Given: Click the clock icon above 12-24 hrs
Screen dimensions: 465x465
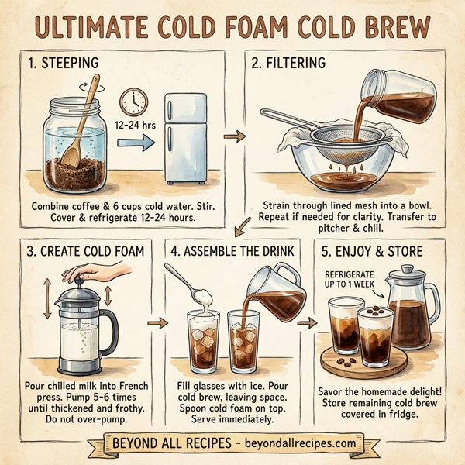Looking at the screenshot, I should [134, 100].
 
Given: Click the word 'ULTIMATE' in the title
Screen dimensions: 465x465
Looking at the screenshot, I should [93, 26].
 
